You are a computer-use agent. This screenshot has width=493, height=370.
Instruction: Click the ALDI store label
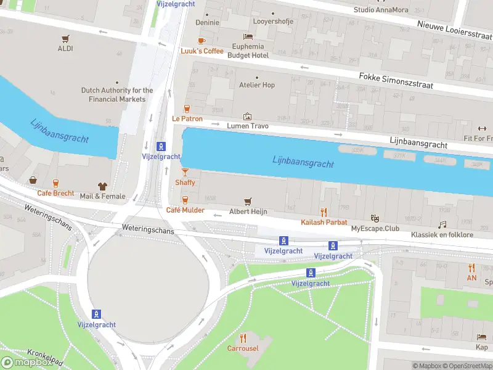click(x=65, y=48)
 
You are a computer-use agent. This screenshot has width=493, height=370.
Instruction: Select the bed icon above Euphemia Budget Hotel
click(x=248, y=36)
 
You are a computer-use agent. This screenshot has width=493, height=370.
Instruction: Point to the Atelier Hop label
click(x=257, y=85)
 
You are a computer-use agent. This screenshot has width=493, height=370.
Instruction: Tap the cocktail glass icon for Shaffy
click(x=185, y=172)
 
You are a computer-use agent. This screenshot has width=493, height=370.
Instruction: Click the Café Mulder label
click(x=185, y=210)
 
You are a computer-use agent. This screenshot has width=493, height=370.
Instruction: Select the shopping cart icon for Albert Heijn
click(x=248, y=201)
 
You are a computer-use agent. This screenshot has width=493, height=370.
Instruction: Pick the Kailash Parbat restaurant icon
click(x=324, y=212)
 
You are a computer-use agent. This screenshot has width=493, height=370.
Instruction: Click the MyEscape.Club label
click(x=375, y=229)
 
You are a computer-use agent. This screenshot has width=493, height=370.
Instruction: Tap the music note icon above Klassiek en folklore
click(x=442, y=225)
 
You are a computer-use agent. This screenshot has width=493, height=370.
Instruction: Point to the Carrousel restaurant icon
click(x=243, y=338)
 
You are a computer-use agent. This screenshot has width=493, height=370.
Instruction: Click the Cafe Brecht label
click(x=55, y=193)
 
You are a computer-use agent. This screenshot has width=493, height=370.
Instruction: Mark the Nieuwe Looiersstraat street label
click(x=454, y=30)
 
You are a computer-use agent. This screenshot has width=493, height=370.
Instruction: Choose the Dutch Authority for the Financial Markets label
click(x=117, y=94)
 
